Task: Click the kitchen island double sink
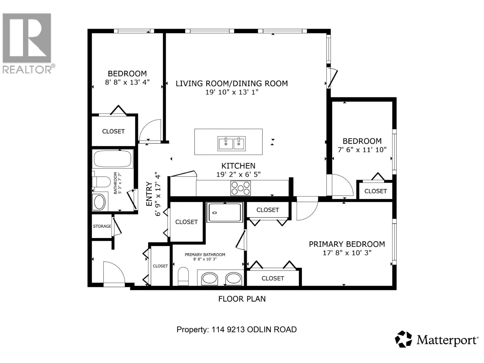pyautogui.click(x=231, y=143)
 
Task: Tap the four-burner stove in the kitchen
pyautogui.click(x=240, y=188)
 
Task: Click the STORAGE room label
pyautogui.click(x=102, y=226)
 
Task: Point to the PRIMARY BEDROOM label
pyautogui.click(x=347, y=244)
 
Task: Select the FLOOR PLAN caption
pyautogui.click(x=242, y=299)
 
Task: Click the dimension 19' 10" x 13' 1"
pyautogui.click(x=232, y=92)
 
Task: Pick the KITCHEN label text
pyautogui.click(x=238, y=166)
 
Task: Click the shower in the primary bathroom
pyautogui.click(x=225, y=212)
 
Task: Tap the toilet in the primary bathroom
pyautogui.click(x=183, y=276)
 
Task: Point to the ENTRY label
pyautogui.click(x=149, y=194)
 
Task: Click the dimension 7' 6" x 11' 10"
pyautogui.click(x=362, y=150)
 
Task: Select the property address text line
pyautogui.click(x=237, y=329)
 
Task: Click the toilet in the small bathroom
pyautogui.click(x=101, y=182)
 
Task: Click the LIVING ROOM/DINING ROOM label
pyautogui.click(x=232, y=83)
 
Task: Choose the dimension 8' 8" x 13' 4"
pyautogui.click(x=127, y=82)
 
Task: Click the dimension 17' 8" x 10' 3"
pyautogui.click(x=347, y=253)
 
